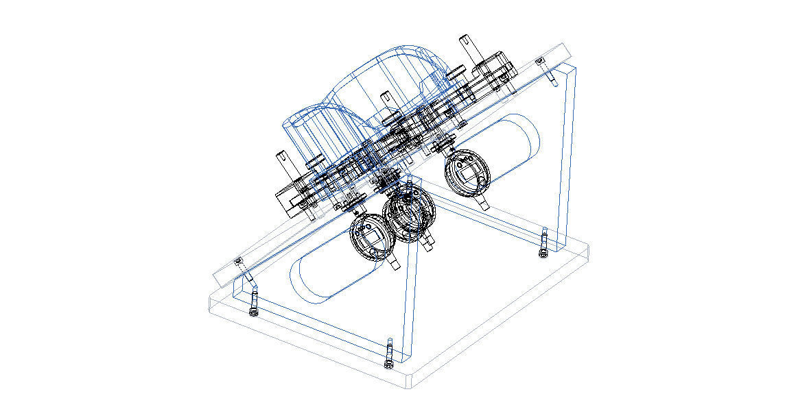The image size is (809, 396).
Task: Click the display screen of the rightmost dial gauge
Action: (467, 173)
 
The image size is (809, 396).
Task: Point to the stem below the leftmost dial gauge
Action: (393, 263)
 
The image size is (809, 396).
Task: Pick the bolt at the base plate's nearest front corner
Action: (389, 352)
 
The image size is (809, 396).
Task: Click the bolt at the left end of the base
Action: (254, 302)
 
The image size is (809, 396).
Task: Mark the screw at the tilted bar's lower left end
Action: (239, 261)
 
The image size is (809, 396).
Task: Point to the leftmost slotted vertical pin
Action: (280, 163)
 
